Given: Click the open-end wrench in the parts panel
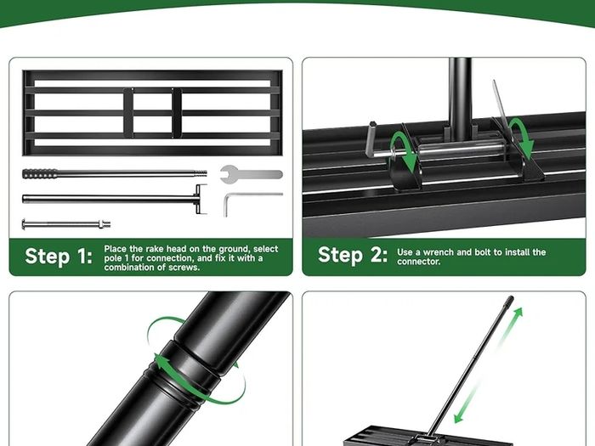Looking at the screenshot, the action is [x=252, y=174].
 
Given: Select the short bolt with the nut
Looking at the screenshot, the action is [x=66, y=223].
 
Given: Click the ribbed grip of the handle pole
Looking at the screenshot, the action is [x=40, y=173].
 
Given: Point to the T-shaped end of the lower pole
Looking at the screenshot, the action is [x=201, y=199].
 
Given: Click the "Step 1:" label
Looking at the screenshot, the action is [x=59, y=256].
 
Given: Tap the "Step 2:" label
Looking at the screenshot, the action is [x=353, y=255].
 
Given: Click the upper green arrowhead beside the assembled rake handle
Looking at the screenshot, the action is [x=518, y=313].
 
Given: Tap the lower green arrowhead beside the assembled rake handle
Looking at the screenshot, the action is [x=459, y=417].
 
